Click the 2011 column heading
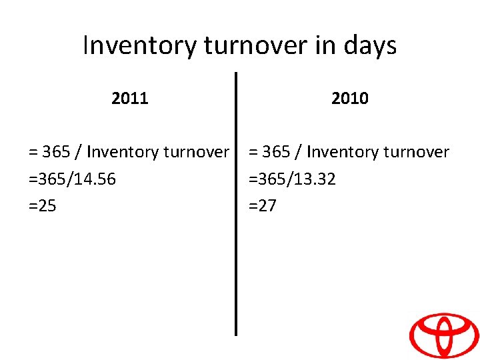click(x=130, y=99)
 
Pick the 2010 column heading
click(x=349, y=99)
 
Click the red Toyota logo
click(x=443, y=335)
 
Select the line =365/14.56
click(x=67, y=179)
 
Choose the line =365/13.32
click(x=292, y=179)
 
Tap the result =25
click(x=43, y=206)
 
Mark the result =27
click(x=262, y=206)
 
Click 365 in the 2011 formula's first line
click(x=56, y=152)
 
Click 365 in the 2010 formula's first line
click(x=276, y=152)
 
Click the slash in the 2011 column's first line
click(x=79, y=152)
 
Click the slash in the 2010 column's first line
click(x=299, y=152)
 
